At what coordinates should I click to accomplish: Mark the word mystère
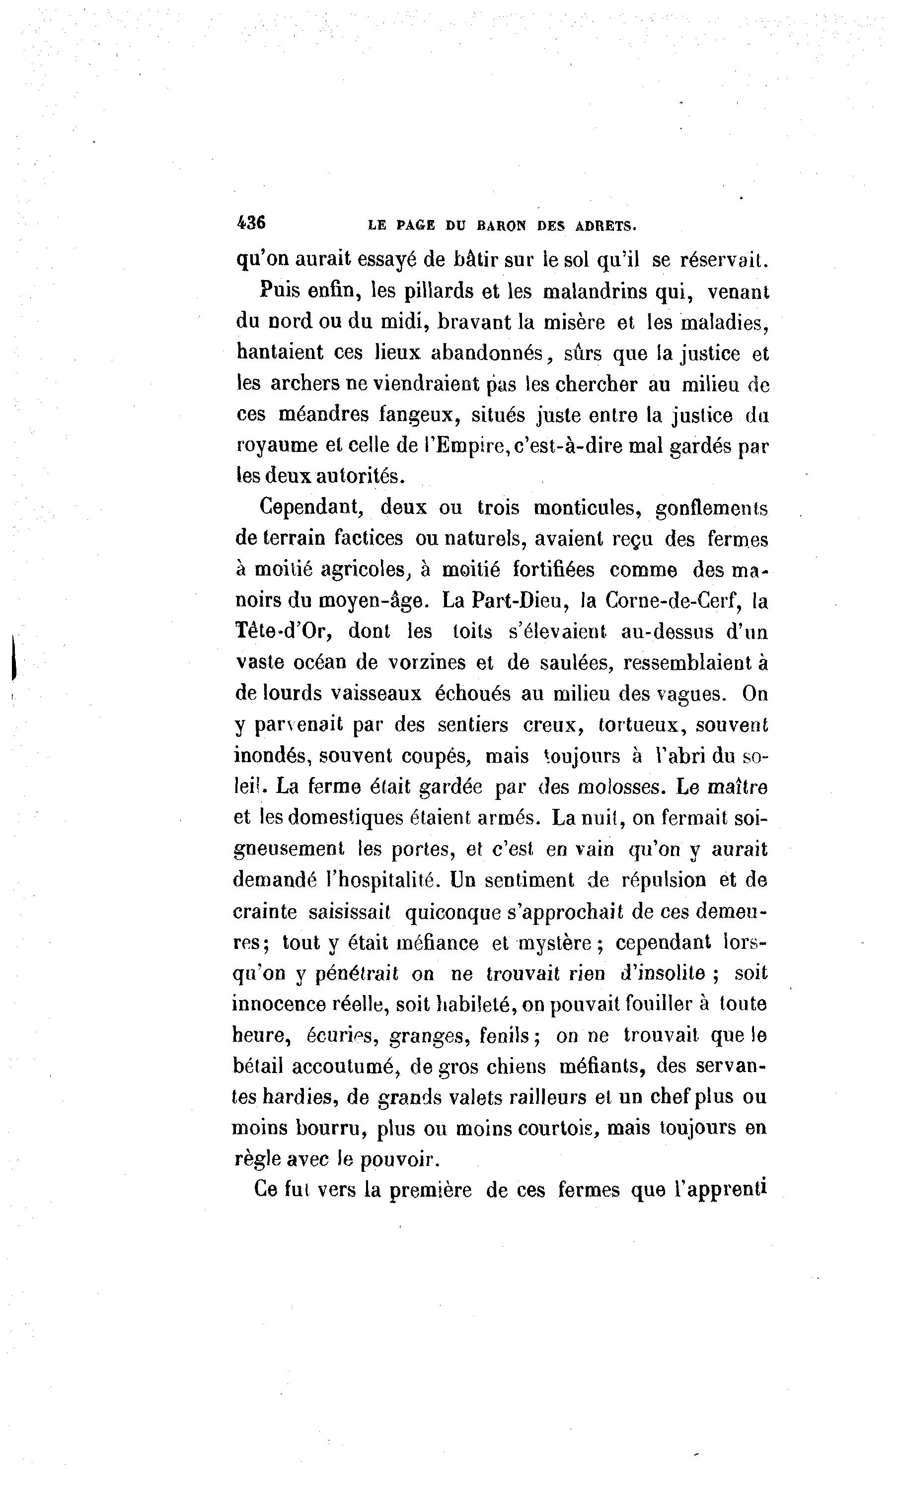[549, 942]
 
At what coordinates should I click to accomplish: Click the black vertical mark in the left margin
[13, 659]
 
